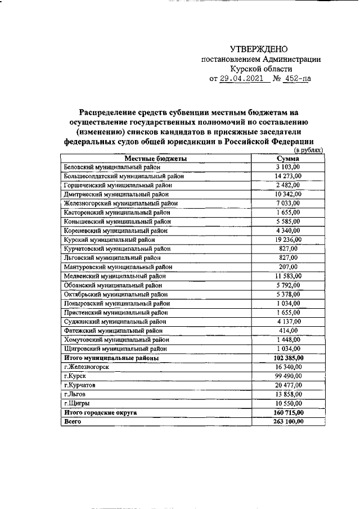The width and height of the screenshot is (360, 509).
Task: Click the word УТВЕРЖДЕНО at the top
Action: pyautogui.click(x=262, y=51)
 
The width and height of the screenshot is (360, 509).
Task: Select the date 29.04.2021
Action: pyautogui.click(x=242, y=79)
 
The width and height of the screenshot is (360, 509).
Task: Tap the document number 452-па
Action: pyautogui.click(x=298, y=79)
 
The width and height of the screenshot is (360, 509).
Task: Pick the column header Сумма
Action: pyautogui.click(x=289, y=159)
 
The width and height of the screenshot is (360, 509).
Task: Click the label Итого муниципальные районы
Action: pyautogui.click(x=111, y=358)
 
